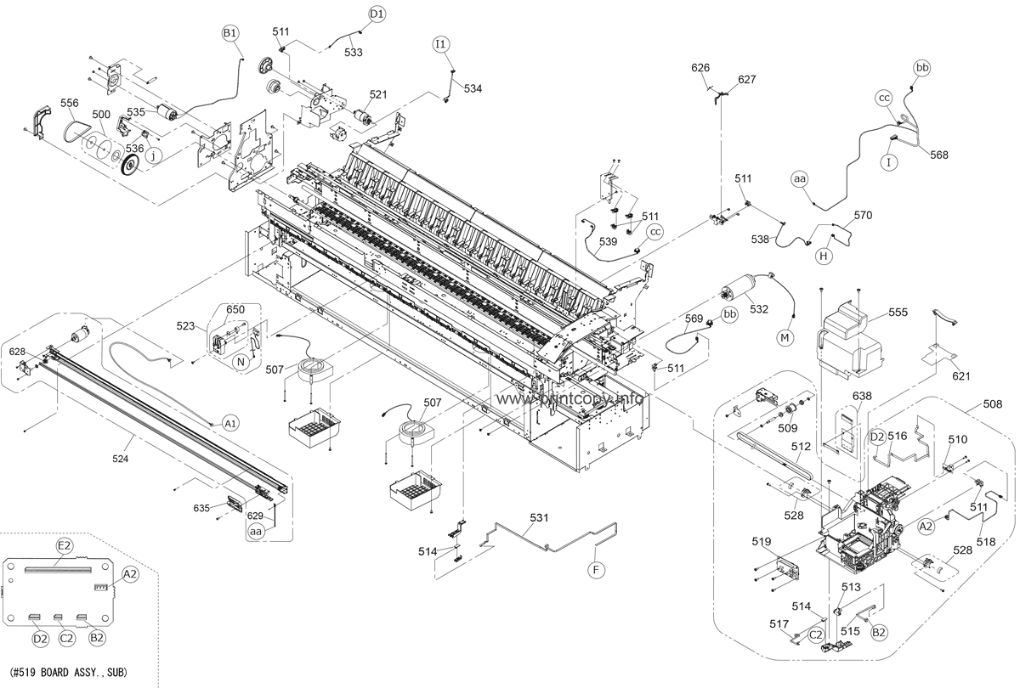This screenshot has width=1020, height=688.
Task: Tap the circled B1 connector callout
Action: [x=230, y=33]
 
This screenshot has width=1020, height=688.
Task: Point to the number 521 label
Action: [x=377, y=94]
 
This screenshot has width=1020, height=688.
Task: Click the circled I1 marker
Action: [x=440, y=43]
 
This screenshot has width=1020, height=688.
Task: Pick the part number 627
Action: [x=746, y=80]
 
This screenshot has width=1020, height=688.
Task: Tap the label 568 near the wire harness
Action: [x=938, y=155]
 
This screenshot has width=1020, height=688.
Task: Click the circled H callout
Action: [x=824, y=255]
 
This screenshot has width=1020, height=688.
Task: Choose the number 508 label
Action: [x=992, y=405]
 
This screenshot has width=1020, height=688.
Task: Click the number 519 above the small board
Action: [x=761, y=541]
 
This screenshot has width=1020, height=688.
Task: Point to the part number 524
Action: [x=122, y=459]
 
